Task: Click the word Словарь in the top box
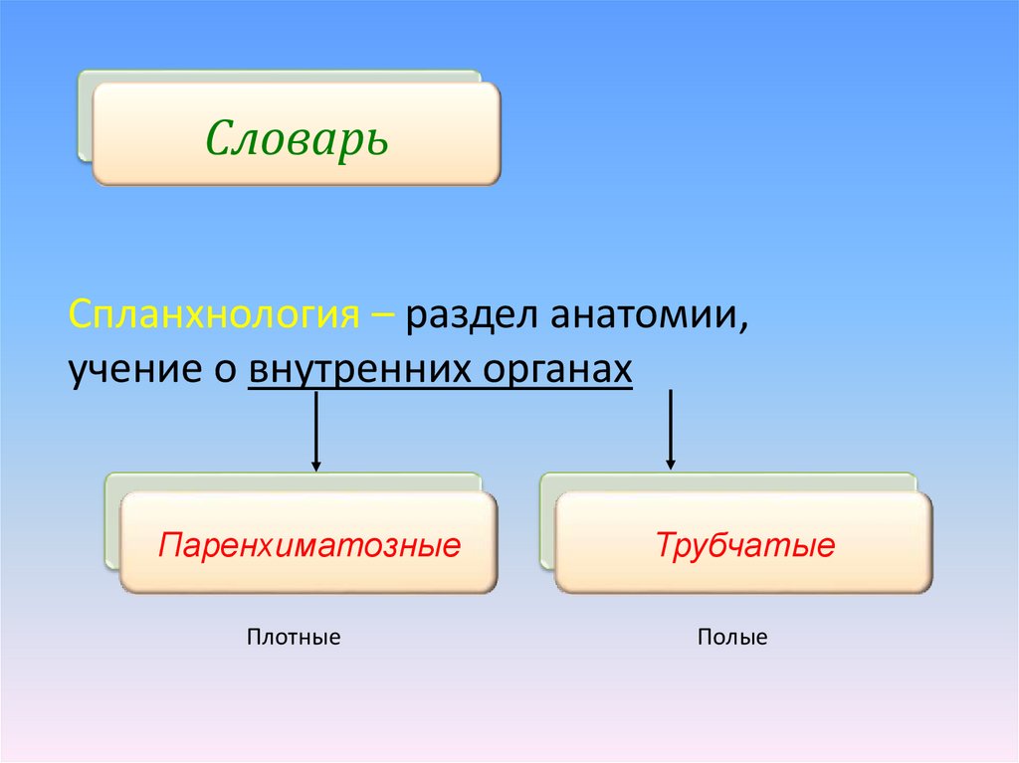pyautogui.click(x=297, y=137)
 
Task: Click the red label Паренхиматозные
pyautogui.click(x=309, y=546)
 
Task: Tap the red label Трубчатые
pyautogui.click(x=744, y=546)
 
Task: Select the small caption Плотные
pyautogui.click(x=294, y=637)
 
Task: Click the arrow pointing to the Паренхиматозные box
pyautogui.click(x=315, y=433)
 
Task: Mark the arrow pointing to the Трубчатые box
pyautogui.click(x=671, y=430)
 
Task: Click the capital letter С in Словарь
pyautogui.click(x=220, y=137)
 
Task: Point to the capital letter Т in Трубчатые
pyautogui.click(x=664, y=546)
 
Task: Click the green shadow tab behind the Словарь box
pyautogui.click(x=85, y=114)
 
